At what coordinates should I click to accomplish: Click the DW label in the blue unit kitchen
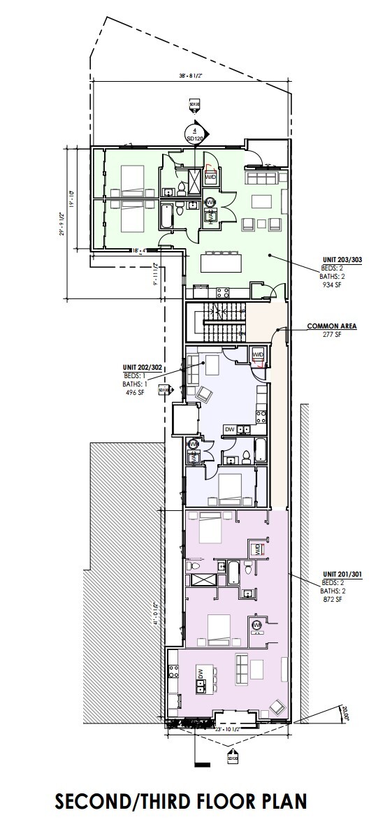tap(229, 429)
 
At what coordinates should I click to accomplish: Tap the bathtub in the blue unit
tap(260, 451)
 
